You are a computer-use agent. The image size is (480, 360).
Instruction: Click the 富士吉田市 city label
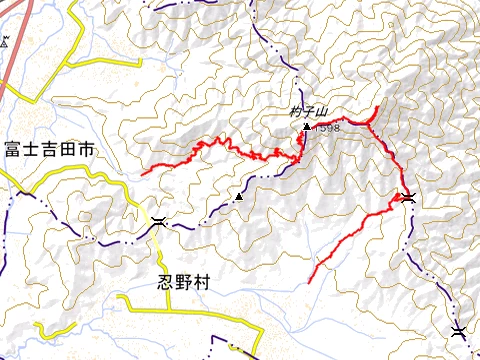[x=48, y=151]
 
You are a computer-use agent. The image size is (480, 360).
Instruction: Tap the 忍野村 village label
[x=185, y=282]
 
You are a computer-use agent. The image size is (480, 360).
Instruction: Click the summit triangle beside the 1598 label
[x=306, y=127]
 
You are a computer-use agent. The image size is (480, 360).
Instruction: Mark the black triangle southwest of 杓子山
[x=239, y=197]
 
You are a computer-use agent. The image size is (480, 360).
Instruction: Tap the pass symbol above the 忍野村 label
[x=159, y=222]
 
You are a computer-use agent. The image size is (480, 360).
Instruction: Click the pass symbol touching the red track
[x=408, y=197]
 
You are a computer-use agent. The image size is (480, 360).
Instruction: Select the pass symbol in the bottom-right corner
[x=458, y=332]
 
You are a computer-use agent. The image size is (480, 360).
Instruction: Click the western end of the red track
[x=144, y=173]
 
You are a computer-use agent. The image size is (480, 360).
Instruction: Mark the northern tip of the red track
[x=376, y=106]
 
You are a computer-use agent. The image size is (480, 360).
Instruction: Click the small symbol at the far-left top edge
[x=5, y=42]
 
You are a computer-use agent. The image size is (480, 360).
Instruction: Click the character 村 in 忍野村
[x=203, y=282]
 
